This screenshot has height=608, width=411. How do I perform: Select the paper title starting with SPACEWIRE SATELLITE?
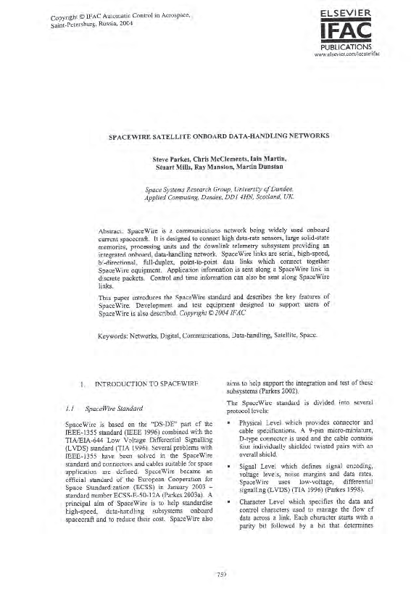(x=205, y=136)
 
